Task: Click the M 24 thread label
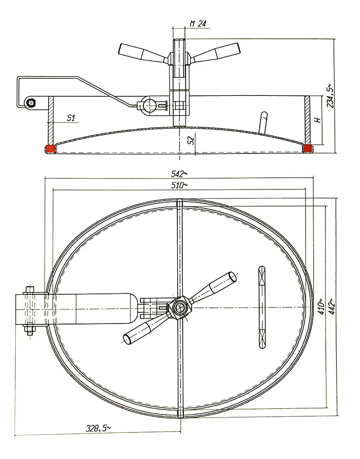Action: [x=198, y=24]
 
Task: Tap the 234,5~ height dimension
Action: [x=330, y=96]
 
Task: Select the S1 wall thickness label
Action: [x=71, y=118]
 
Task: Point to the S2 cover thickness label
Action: [x=191, y=140]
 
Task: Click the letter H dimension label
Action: [x=317, y=120]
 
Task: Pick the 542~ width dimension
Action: [x=179, y=174]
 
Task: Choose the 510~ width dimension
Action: [x=179, y=185]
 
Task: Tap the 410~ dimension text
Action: [x=321, y=306]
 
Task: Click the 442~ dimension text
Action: [x=332, y=306]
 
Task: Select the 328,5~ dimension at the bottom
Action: [x=98, y=428]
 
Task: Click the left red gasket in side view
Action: [x=50, y=149]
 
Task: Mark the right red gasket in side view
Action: [x=307, y=148]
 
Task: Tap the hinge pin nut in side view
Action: [x=30, y=102]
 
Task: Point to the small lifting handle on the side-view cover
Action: [x=262, y=123]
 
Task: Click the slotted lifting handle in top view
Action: [x=262, y=307]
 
